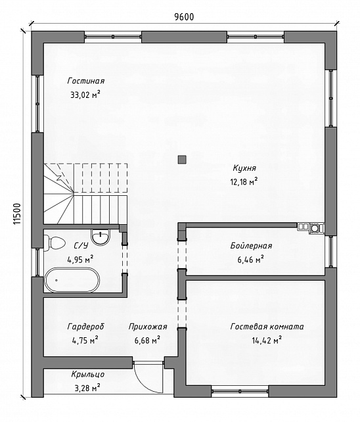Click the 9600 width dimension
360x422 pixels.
click(x=184, y=17)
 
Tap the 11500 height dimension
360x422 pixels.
click(x=16, y=214)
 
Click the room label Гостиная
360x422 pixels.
click(x=86, y=81)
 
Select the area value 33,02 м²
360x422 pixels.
click(x=85, y=95)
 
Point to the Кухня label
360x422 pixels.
click(x=244, y=168)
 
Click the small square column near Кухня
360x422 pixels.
click(x=182, y=160)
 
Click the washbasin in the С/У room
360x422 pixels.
click(x=101, y=237)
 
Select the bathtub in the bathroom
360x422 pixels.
click(x=72, y=280)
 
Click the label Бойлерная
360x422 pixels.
click(x=251, y=246)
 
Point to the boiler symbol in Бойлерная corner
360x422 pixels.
click(x=314, y=228)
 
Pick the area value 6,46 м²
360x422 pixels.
click(x=250, y=260)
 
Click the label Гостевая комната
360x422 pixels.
click(x=267, y=327)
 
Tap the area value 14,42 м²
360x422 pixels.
click(x=267, y=340)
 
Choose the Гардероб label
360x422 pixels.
click(x=85, y=327)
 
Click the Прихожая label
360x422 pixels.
click(x=148, y=327)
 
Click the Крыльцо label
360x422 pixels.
click(x=88, y=375)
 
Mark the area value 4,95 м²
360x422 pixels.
click(x=80, y=260)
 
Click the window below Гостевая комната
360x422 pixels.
click(x=240, y=390)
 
